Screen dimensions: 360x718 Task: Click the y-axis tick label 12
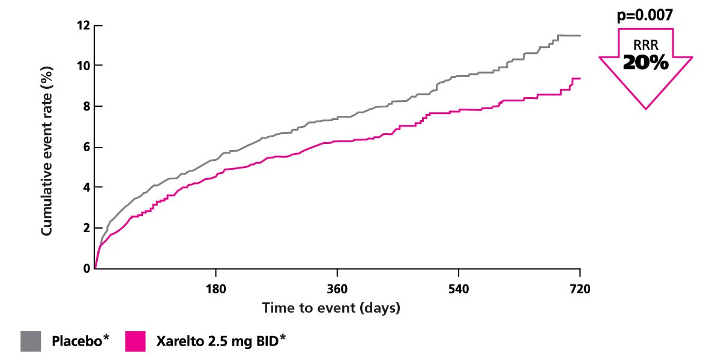pos(82,26)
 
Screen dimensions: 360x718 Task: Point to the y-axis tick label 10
pos(82,65)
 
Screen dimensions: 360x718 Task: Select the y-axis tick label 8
pos(85,107)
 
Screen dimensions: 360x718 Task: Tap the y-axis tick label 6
pos(85,148)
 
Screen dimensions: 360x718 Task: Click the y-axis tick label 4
pos(85,188)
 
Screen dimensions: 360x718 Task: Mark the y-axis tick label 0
pos(85,269)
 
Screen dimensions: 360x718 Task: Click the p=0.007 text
pos(645,15)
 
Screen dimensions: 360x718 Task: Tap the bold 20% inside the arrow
pos(645,62)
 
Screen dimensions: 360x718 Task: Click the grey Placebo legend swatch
pos(31,341)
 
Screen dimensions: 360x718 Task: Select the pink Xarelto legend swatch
pos(136,341)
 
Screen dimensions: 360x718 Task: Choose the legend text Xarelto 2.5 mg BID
pos(220,341)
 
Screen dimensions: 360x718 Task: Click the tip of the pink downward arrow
pos(646,108)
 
